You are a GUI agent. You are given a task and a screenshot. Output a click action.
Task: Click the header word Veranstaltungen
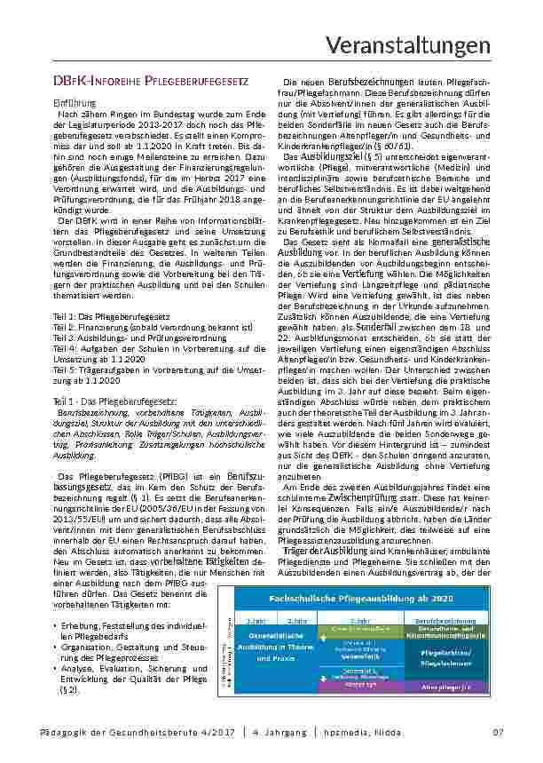[x=421, y=44]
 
